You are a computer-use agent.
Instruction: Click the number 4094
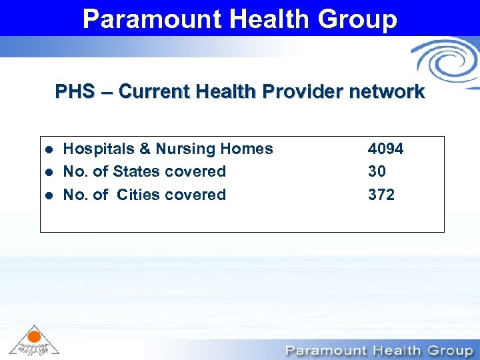pos(385,149)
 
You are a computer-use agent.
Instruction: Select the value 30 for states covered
pos(377,171)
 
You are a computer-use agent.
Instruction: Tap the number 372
pos(381,195)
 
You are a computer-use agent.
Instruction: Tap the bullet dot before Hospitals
pos(47,149)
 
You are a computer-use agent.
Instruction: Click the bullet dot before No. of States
pos(47,172)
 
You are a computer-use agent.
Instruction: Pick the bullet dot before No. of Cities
pos(47,195)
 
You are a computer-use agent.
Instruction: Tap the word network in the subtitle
pos(383,91)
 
